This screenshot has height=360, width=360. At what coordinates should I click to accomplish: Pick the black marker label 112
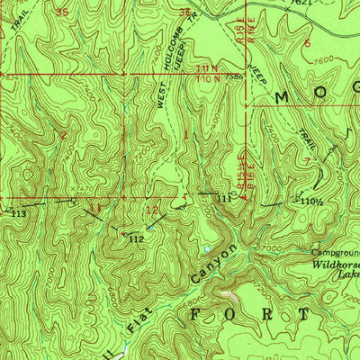136,239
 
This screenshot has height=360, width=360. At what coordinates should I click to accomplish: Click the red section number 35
61,12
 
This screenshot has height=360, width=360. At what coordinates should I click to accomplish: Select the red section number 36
184,13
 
